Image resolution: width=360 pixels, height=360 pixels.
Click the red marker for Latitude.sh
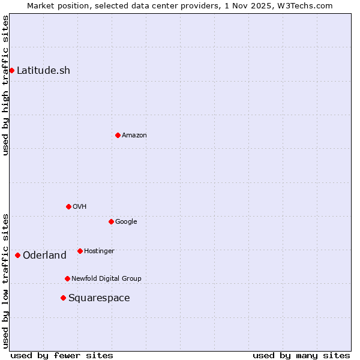11,70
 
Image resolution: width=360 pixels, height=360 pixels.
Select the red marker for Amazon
118,135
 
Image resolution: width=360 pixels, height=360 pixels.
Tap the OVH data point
68,206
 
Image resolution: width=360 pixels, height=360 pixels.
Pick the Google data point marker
111,221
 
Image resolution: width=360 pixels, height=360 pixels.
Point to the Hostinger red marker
80,251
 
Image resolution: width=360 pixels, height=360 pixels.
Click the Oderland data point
17,255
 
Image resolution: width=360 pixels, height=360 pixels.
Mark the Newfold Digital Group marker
67,278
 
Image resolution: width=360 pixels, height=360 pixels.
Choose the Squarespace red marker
63,298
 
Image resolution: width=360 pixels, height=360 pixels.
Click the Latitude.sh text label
43,70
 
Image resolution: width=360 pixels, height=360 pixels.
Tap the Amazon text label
134,135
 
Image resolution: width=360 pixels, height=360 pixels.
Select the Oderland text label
44,255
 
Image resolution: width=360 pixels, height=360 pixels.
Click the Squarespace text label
99,298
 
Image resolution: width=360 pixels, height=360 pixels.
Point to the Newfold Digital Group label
106,278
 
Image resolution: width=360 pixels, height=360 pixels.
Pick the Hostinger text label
99,251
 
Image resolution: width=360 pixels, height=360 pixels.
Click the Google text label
126,221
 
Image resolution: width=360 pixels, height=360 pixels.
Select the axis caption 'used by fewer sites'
62,355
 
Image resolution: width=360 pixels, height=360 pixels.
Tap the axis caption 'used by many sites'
301,355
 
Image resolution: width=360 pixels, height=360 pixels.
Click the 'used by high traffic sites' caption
5,85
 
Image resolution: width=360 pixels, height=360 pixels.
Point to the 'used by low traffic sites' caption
5,280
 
